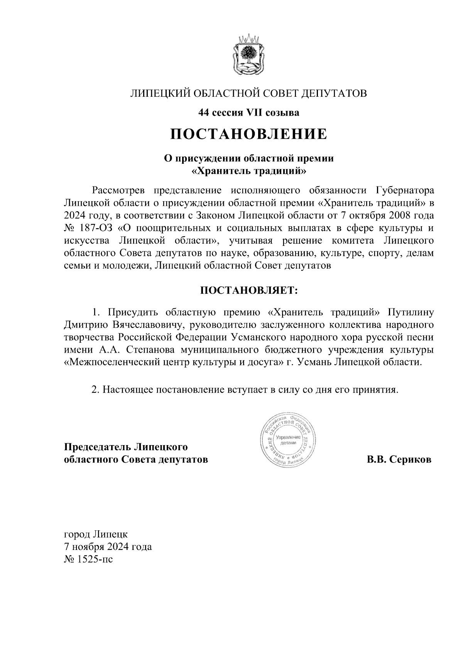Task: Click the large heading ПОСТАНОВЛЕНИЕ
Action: tap(249, 134)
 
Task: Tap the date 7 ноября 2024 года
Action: tap(108, 546)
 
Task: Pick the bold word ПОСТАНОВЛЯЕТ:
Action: tap(249, 290)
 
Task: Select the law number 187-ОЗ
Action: tap(96, 228)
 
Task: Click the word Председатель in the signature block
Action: tap(97, 447)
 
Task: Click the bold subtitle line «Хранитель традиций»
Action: tap(249, 170)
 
